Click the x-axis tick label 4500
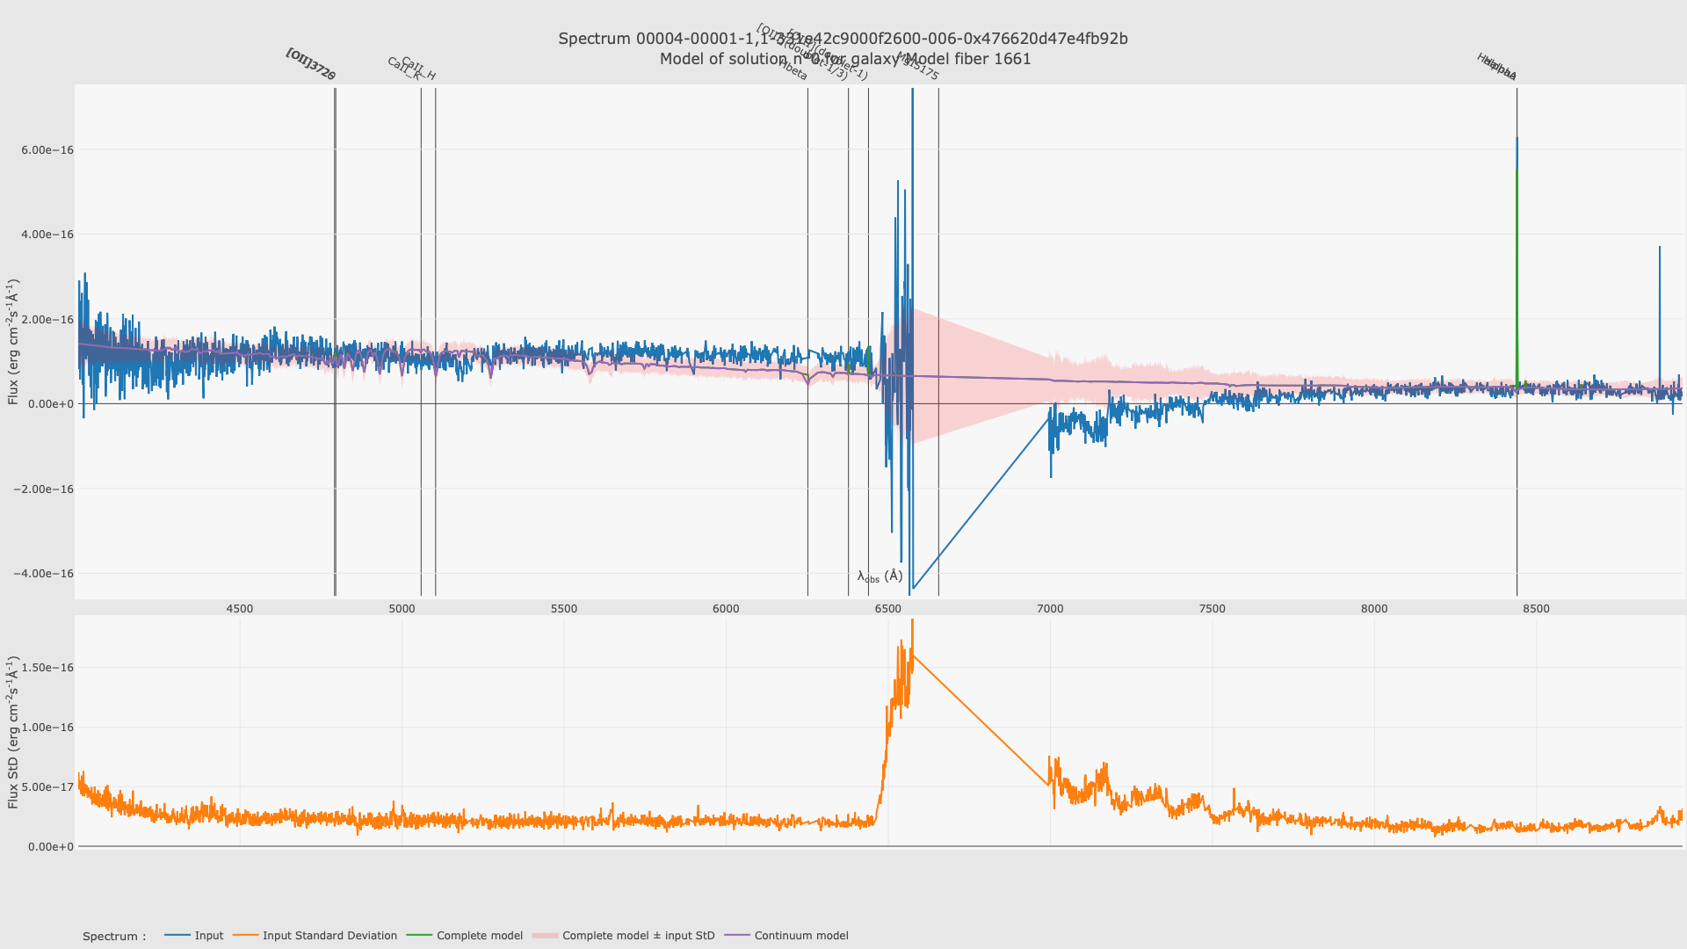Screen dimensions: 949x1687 [x=239, y=609]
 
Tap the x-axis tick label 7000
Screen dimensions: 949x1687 [x=1050, y=609]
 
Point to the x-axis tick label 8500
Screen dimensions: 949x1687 [x=1536, y=609]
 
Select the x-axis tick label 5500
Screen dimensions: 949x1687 [x=564, y=609]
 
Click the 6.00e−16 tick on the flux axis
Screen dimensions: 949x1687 [x=47, y=150]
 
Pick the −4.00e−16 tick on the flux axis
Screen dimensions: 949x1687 [x=44, y=574]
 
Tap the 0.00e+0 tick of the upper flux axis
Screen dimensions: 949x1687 [x=51, y=404]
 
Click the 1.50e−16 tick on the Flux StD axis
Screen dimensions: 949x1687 [x=47, y=668]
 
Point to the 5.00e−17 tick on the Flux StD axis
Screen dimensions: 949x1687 [x=47, y=787]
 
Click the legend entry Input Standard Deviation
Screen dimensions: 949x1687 [x=329, y=936]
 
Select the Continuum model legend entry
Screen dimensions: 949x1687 [x=800, y=936]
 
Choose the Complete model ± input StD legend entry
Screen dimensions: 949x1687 [x=638, y=936]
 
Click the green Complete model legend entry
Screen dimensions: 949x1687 [x=479, y=936]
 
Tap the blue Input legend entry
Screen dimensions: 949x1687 [x=208, y=936]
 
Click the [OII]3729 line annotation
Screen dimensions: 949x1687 [x=311, y=65]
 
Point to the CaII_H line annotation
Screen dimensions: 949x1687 [x=418, y=69]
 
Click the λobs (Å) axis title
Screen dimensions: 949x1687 [x=880, y=576]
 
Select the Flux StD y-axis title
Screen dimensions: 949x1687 [x=13, y=732]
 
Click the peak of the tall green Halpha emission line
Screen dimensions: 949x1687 [x=1517, y=170]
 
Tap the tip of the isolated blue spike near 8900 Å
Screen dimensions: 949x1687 [x=1660, y=248]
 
